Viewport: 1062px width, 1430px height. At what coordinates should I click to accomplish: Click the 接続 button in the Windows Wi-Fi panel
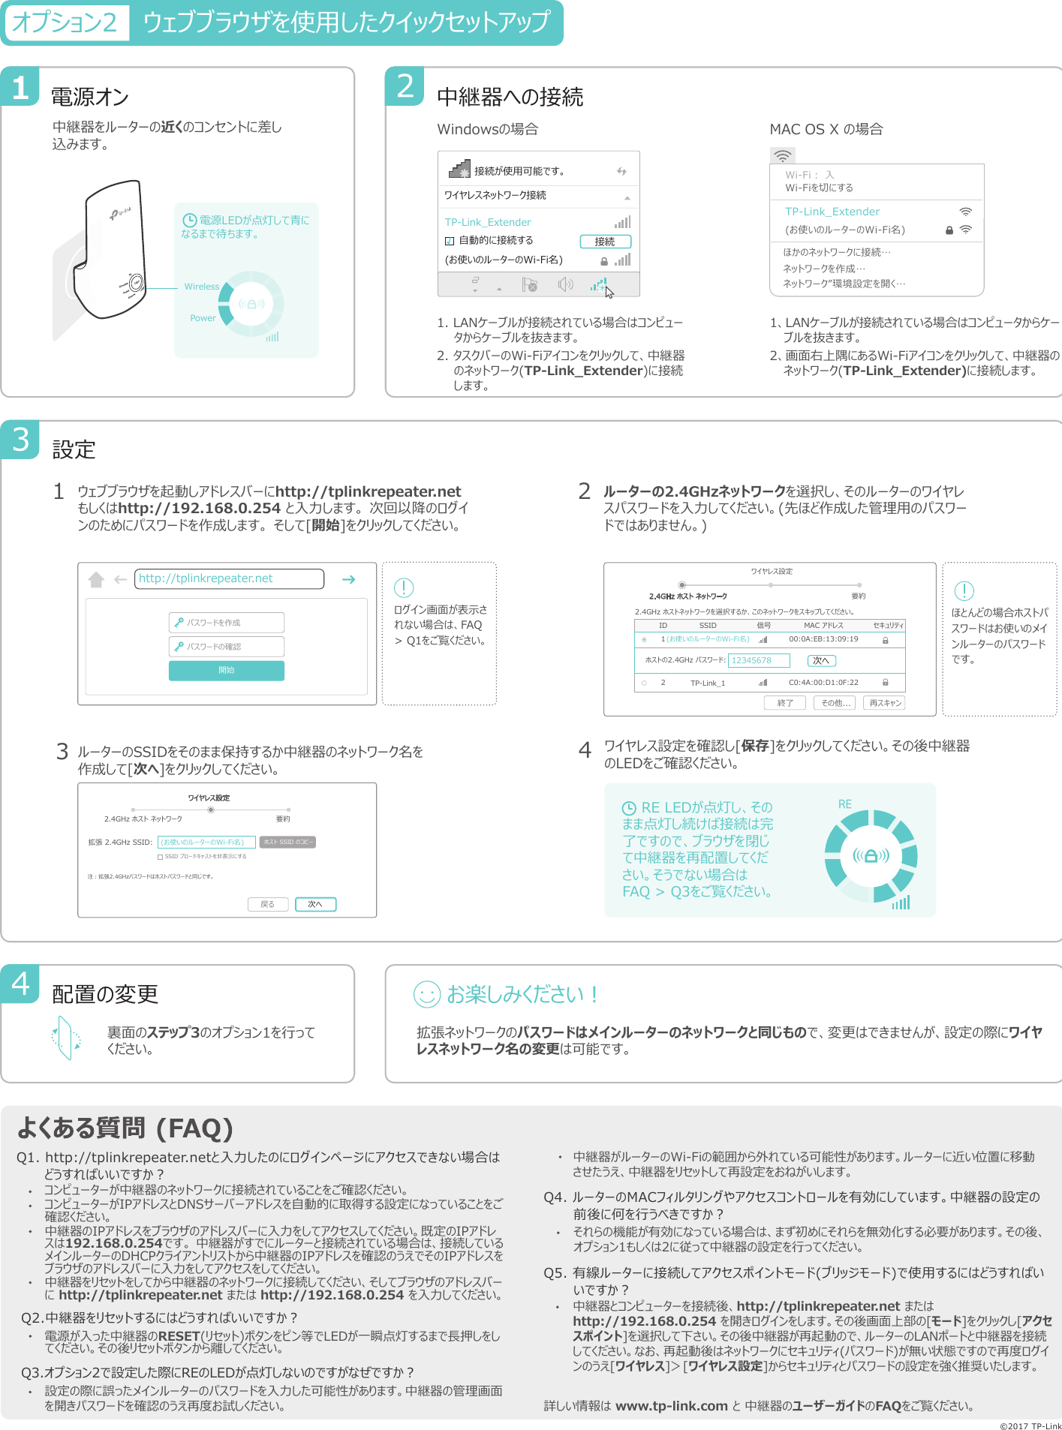(605, 242)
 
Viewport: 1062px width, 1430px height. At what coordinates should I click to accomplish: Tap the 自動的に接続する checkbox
(450, 241)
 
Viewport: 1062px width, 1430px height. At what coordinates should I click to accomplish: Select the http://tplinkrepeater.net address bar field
(229, 578)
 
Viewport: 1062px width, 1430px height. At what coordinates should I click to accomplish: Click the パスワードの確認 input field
(226, 646)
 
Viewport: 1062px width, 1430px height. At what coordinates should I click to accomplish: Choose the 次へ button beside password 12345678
(821, 660)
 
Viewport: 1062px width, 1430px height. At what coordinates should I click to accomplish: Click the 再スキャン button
(885, 703)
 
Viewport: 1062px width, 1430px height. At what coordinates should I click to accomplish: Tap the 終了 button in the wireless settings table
(785, 703)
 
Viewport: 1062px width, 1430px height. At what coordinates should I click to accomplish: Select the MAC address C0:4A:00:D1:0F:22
(823, 683)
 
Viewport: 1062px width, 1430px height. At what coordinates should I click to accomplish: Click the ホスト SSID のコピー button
(287, 842)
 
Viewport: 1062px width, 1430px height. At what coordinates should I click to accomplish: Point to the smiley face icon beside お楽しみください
(426, 994)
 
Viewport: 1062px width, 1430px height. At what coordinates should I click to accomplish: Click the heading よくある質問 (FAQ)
(125, 1128)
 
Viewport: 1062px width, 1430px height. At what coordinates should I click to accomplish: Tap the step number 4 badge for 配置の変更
(20, 983)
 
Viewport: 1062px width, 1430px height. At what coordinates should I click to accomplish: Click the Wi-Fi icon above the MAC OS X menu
(782, 156)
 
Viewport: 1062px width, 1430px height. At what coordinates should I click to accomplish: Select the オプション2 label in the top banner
(65, 23)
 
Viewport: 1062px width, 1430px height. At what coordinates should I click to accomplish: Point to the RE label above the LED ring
(844, 804)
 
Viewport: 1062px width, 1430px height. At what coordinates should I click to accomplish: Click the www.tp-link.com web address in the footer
(671, 1406)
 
